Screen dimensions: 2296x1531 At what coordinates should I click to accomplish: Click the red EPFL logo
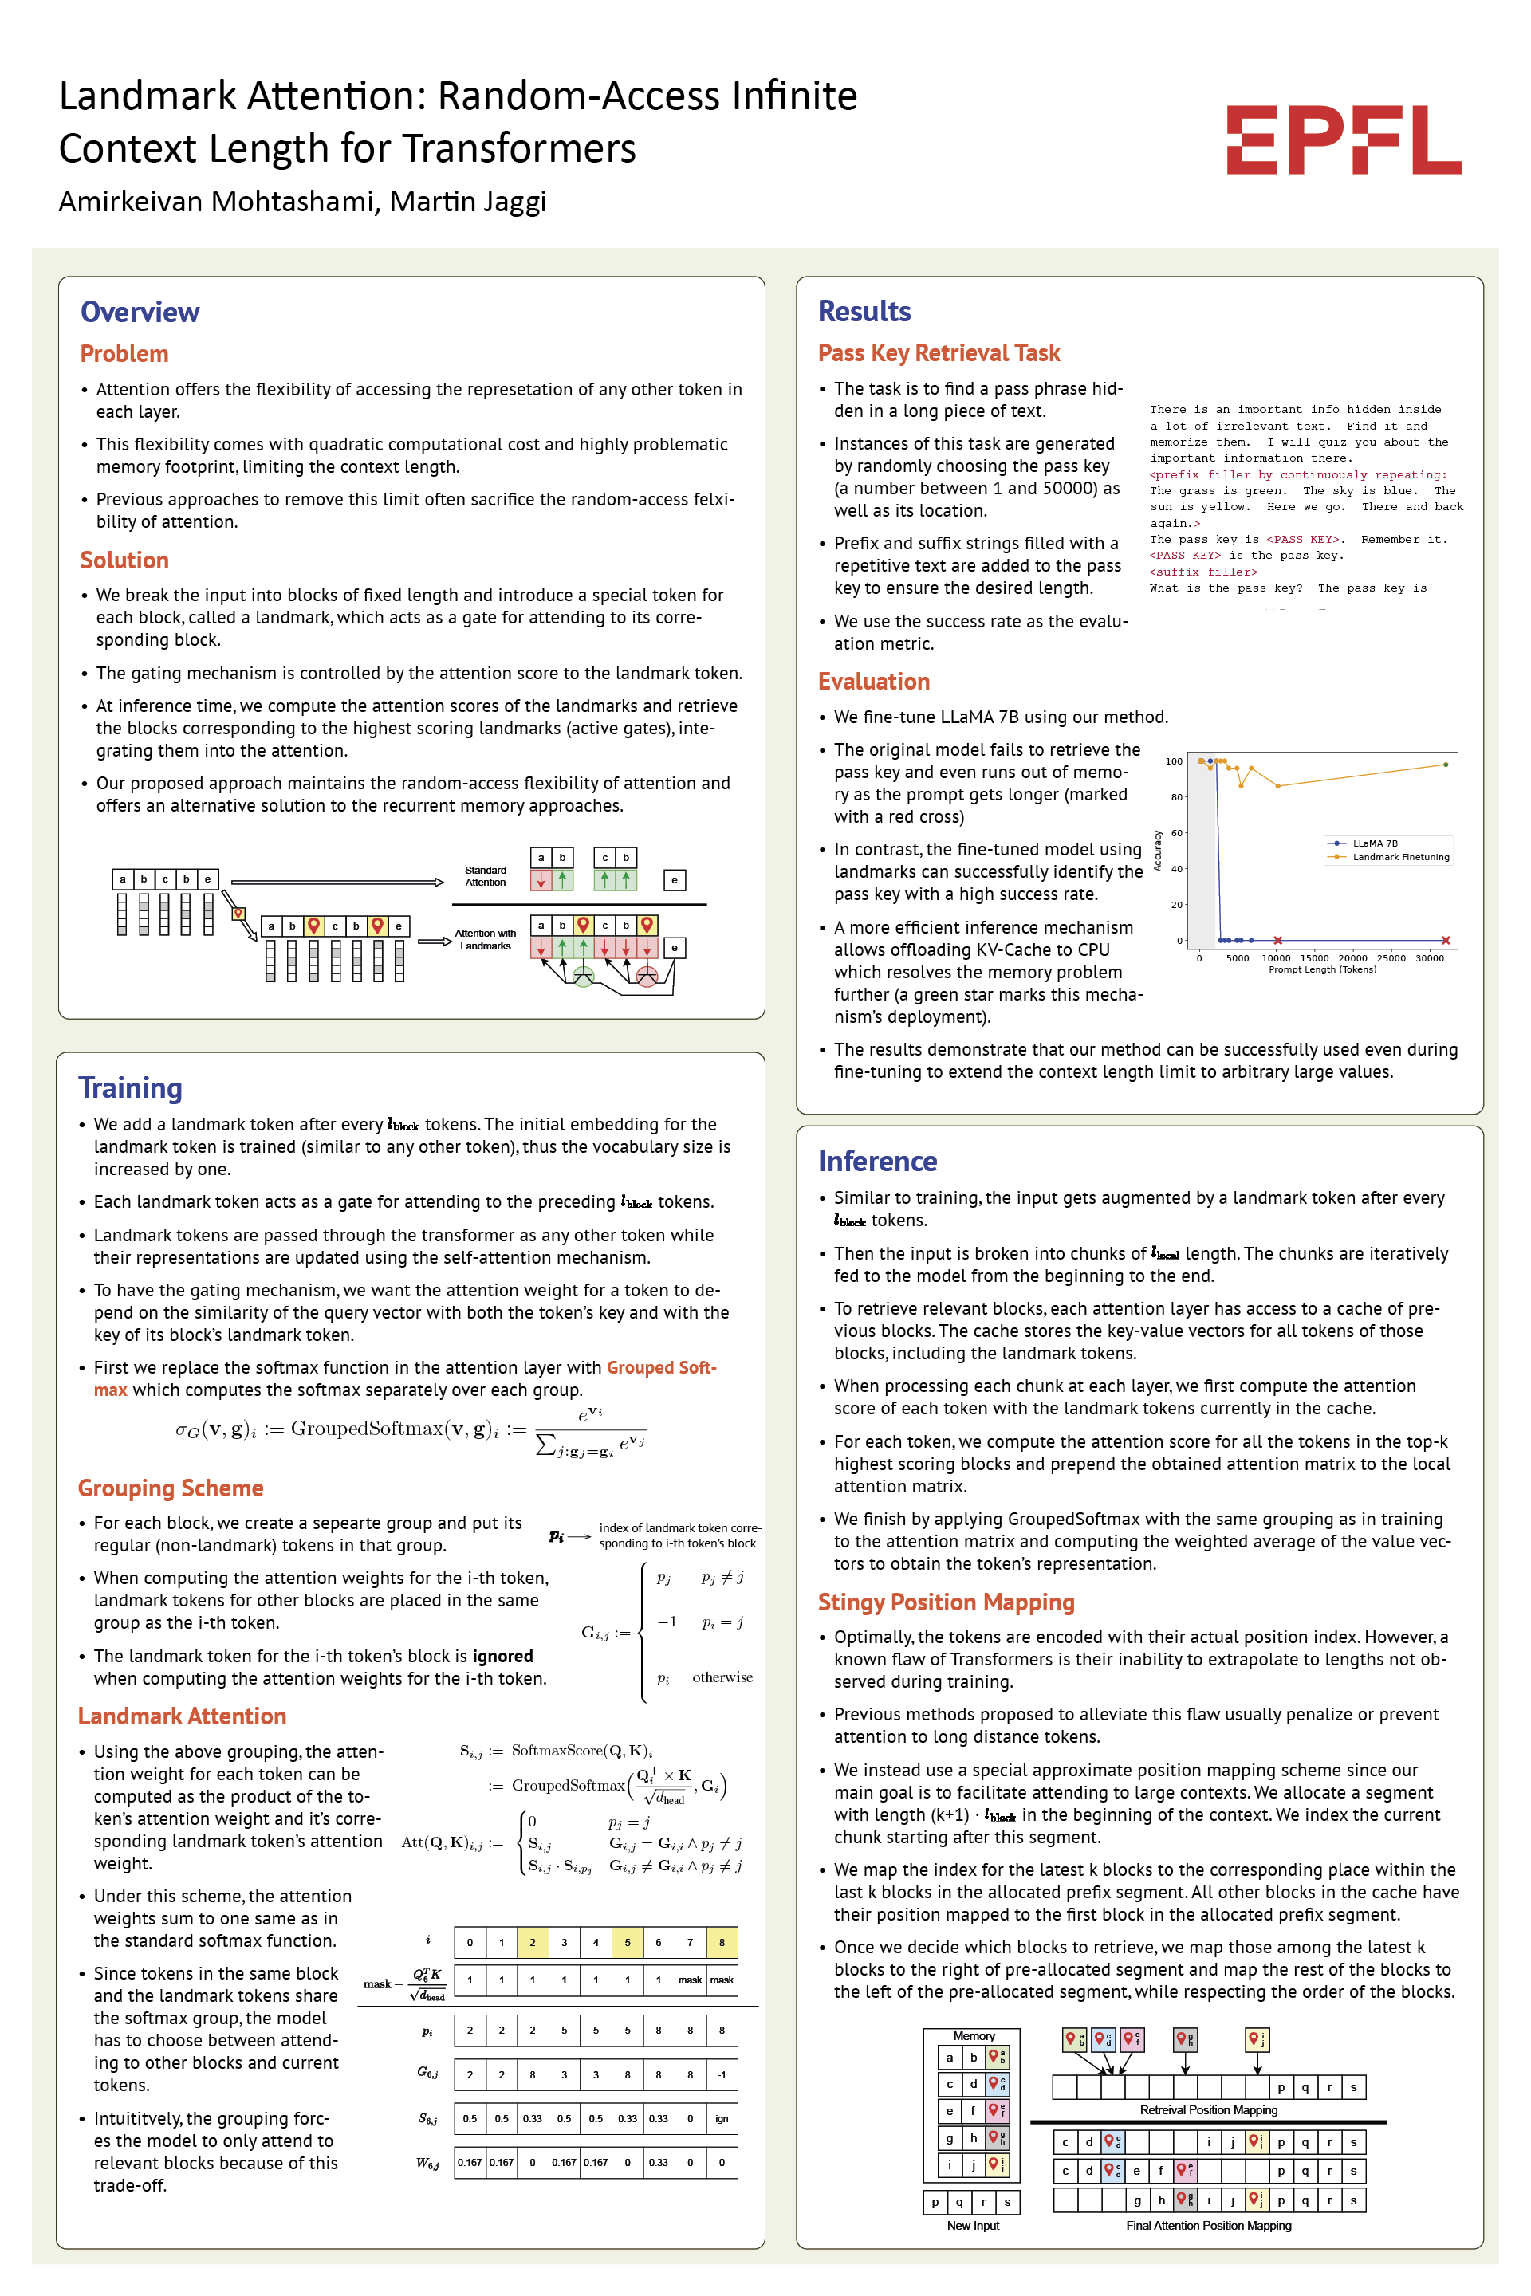click(x=1344, y=140)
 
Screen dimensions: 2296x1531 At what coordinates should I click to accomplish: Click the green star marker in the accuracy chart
click(x=1445, y=765)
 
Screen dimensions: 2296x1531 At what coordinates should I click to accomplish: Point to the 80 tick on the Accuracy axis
click(x=1177, y=796)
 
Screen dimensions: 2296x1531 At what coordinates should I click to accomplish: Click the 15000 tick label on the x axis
click(x=1314, y=957)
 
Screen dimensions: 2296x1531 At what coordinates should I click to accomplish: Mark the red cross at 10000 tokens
click(x=1277, y=940)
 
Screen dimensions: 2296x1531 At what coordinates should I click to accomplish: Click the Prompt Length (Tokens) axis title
click(x=1322, y=969)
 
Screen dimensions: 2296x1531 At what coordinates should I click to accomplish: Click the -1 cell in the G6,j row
click(x=722, y=2074)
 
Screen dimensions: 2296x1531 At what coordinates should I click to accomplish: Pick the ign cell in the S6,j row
click(x=722, y=2118)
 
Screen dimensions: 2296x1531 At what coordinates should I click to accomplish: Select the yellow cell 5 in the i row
click(x=627, y=1942)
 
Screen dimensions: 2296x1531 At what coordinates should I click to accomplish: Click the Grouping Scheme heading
click(x=171, y=1488)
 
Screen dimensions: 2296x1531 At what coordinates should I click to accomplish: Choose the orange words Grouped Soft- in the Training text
click(x=661, y=1368)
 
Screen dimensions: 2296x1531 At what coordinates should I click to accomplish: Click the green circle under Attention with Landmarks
click(x=583, y=977)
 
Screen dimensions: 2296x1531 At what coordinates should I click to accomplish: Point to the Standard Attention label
click(x=486, y=875)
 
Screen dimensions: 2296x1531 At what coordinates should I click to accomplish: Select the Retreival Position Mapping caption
click(x=1208, y=2109)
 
